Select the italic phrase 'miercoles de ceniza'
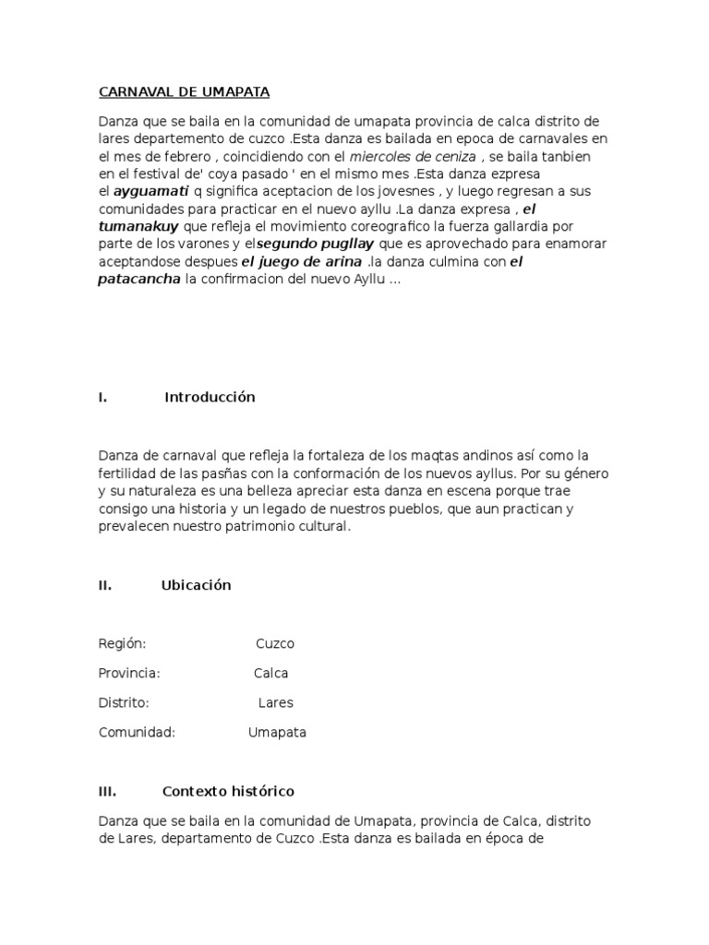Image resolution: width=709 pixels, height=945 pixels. [412, 157]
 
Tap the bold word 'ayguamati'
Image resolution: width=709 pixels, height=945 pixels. [150, 192]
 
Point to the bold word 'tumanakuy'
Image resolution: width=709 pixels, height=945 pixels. [138, 227]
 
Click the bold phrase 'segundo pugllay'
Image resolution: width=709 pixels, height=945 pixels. [313, 245]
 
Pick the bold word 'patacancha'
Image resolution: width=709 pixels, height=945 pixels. [139, 280]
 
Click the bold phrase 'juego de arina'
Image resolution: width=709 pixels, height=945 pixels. [302, 262]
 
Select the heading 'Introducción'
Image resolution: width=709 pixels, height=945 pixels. [210, 398]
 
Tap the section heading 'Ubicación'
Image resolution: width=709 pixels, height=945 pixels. [196, 585]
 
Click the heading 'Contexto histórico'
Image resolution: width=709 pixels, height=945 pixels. [228, 792]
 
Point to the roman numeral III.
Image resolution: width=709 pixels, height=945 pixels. [106, 792]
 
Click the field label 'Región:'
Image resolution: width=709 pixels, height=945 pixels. [122, 644]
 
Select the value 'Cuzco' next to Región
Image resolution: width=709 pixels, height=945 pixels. [275, 644]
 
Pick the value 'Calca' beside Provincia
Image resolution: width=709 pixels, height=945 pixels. [271, 674]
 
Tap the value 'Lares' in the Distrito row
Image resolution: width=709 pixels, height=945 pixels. [275, 703]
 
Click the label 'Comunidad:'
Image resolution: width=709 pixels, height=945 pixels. [137, 733]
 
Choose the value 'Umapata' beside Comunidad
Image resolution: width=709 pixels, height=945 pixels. [277, 733]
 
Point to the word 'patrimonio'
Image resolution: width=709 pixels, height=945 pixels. [249, 527]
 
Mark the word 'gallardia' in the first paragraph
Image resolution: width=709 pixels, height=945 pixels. [524, 227]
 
